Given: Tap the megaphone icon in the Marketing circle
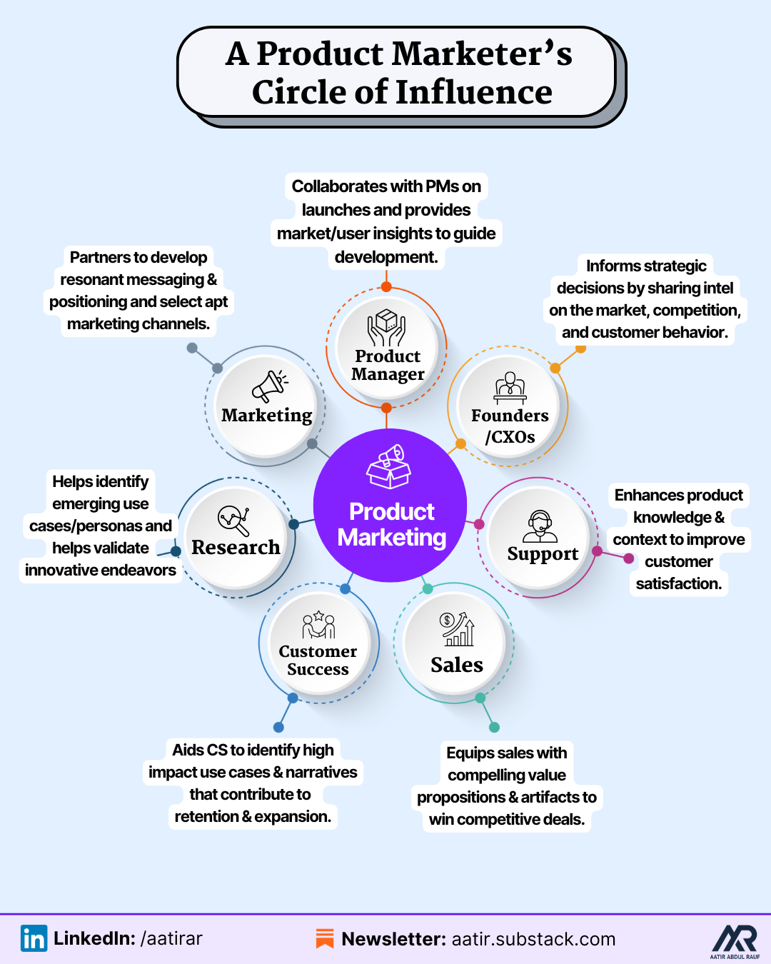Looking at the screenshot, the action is point(270,386).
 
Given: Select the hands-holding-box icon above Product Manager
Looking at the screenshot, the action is point(386,328).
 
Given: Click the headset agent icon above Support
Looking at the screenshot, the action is point(540,526).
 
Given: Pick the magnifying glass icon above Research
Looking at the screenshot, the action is point(233,521).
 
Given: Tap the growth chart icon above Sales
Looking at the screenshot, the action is point(457,629).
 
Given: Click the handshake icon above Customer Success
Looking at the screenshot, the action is point(318,624).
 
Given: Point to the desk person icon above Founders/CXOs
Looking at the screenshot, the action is point(510,388).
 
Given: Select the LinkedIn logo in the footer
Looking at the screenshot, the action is point(34,938).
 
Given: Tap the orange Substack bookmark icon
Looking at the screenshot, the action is point(325,938).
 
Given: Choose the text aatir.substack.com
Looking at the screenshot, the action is point(533,939).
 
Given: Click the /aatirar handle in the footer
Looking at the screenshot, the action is point(171,938).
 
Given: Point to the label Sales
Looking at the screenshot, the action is point(457,665).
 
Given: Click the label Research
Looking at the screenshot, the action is point(236,547).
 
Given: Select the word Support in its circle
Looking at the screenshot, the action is point(543,554).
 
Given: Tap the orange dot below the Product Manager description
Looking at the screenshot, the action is point(386,286).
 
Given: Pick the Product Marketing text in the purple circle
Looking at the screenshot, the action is point(391,525).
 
